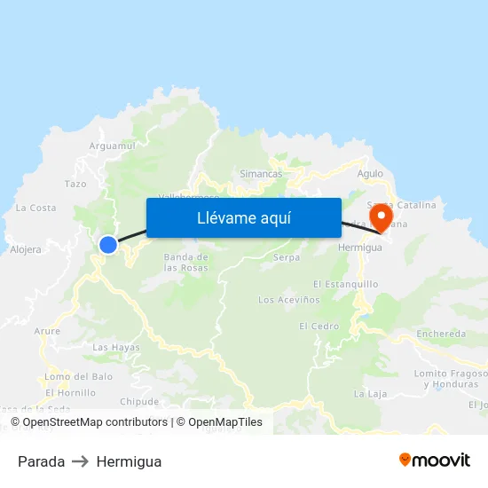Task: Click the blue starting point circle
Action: pos(108,245)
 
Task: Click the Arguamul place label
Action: pos(112,146)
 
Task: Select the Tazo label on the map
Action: pos(75,184)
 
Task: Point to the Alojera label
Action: pos(26,249)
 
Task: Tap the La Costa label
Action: pos(35,208)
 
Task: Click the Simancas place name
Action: pos(261,174)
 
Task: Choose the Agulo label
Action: pos(370,174)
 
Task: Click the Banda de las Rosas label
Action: pos(185,262)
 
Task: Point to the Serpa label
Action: pos(287,257)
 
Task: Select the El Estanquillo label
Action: pos(345,284)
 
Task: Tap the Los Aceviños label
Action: pos(289,300)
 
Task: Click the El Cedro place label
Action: pos(319,326)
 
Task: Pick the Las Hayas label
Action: pos(116,347)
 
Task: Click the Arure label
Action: pos(48,331)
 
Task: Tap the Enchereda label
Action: pos(441,334)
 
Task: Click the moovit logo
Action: pos(434,460)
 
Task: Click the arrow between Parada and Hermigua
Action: pos(81,461)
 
